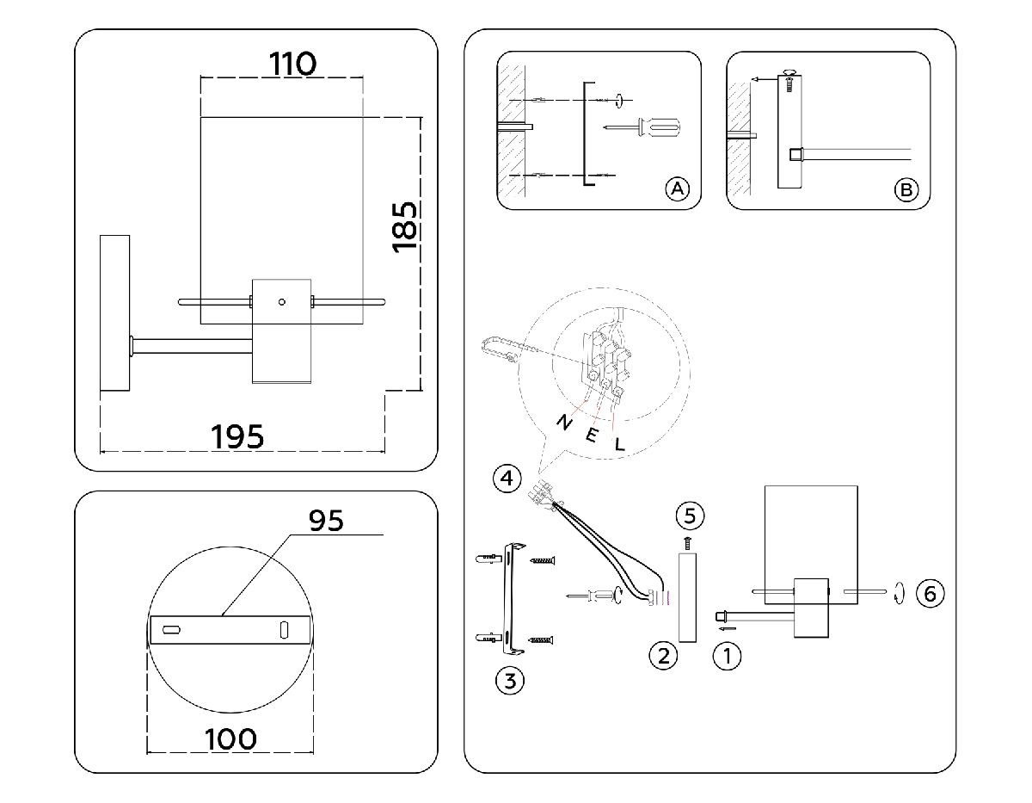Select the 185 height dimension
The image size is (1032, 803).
[405, 226]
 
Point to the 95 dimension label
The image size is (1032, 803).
[325, 520]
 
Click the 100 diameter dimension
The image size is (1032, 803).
[231, 738]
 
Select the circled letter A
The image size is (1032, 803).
[678, 188]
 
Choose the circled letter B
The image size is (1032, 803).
[906, 189]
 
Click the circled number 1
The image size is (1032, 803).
[728, 657]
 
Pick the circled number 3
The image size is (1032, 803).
[510, 682]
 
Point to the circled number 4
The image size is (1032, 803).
[507, 477]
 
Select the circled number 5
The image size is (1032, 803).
[690, 516]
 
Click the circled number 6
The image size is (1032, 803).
[930, 593]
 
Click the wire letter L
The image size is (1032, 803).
[619, 444]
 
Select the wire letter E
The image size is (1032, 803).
[592, 435]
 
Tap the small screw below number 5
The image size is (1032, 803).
[689, 541]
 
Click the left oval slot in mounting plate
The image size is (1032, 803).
[171, 630]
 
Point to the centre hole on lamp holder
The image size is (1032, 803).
[280, 302]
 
